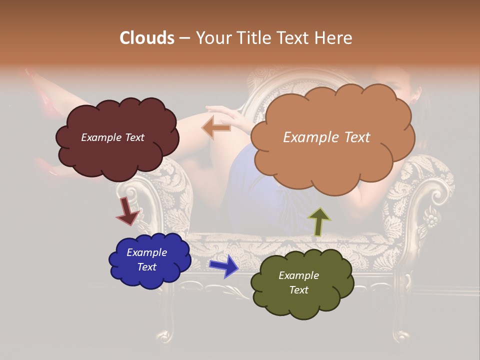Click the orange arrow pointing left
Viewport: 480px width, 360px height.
click(x=216, y=127)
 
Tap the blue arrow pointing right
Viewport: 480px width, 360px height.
click(x=223, y=265)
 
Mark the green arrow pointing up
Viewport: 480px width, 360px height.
click(x=318, y=221)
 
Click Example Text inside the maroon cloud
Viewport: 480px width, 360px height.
click(x=112, y=137)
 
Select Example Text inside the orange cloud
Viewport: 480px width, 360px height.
click(x=326, y=137)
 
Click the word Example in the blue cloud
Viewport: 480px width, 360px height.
click(x=146, y=252)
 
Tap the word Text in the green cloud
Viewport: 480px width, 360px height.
click(x=298, y=290)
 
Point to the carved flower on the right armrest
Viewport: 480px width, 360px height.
click(x=431, y=218)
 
